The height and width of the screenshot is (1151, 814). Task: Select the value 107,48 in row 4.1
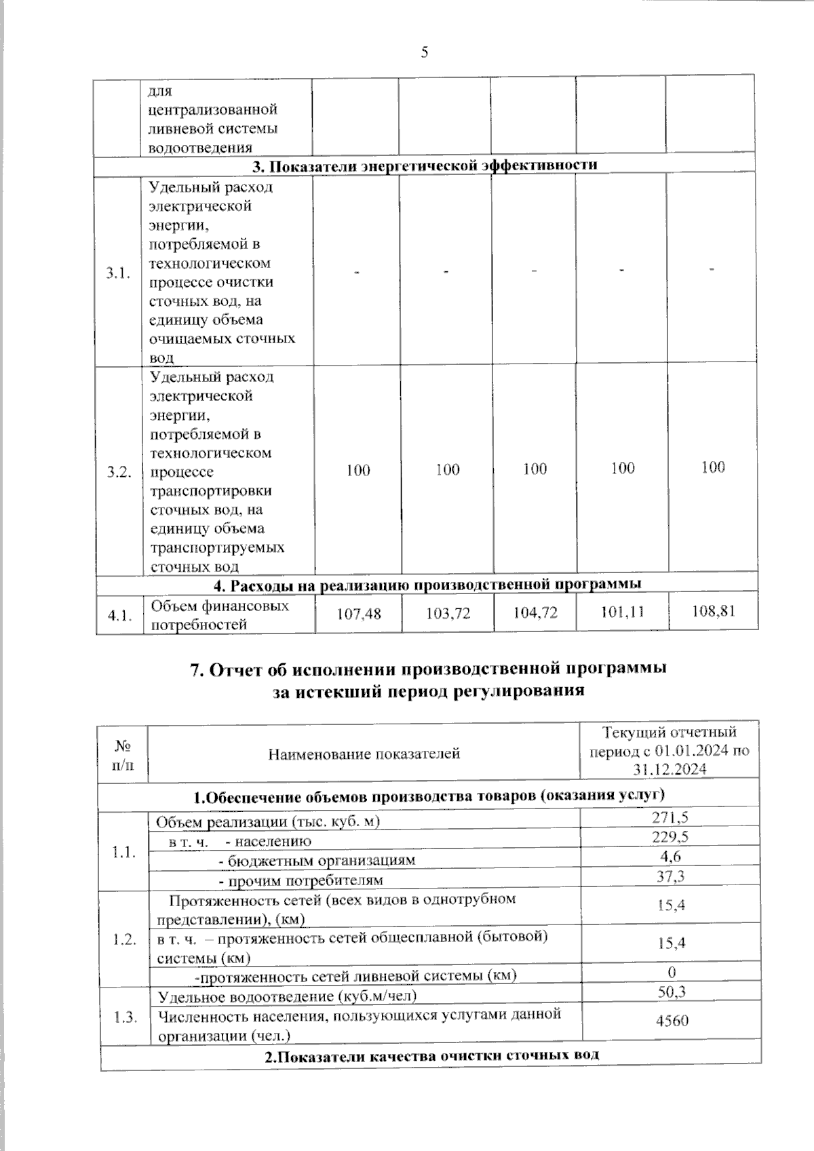359,614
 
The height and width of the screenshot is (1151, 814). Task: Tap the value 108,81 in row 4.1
714,611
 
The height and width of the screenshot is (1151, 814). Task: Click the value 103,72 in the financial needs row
448,614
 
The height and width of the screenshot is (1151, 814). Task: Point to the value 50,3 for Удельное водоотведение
672,992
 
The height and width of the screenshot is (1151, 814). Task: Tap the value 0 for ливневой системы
672,973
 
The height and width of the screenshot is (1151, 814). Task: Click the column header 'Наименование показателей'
364,753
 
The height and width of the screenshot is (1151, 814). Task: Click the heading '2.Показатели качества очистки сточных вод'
431,1055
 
